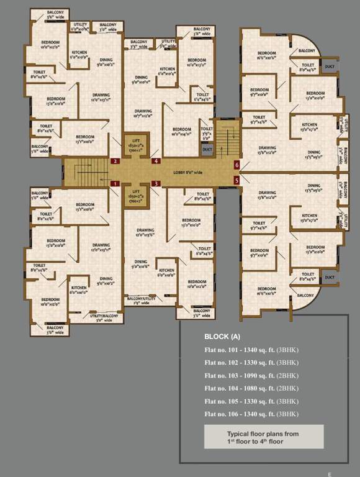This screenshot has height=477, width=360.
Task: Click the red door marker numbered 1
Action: click(x=115, y=183)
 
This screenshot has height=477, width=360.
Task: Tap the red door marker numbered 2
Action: click(x=115, y=161)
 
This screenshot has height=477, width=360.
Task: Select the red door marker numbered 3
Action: click(x=156, y=183)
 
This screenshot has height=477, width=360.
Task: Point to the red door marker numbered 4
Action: click(x=156, y=161)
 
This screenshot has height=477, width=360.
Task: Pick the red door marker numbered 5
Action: click(x=236, y=180)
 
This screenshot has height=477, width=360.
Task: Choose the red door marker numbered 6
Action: click(x=236, y=165)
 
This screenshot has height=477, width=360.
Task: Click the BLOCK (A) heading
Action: click(x=222, y=337)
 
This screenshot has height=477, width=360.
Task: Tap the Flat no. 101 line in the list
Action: click(x=251, y=350)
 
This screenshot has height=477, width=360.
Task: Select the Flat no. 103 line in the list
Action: click(x=251, y=376)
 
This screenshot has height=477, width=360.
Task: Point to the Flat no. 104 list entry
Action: click(x=251, y=389)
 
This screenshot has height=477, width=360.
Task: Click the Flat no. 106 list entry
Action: click(x=251, y=414)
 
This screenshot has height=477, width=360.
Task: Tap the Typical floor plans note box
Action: click(x=264, y=437)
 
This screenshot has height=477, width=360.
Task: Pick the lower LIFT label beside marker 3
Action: click(x=135, y=198)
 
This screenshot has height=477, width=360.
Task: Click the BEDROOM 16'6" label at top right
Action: click(x=267, y=55)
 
